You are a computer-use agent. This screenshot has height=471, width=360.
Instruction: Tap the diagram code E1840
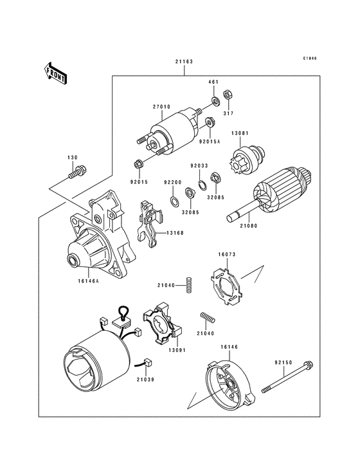[310, 59]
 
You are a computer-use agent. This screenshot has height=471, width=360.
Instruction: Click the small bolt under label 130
[76, 172]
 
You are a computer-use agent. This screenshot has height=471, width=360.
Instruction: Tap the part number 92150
[284, 363]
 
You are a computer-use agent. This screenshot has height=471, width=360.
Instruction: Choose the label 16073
[228, 255]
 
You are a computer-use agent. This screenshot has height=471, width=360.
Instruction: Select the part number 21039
[145, 381]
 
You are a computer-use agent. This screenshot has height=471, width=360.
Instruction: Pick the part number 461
[213, 82]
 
